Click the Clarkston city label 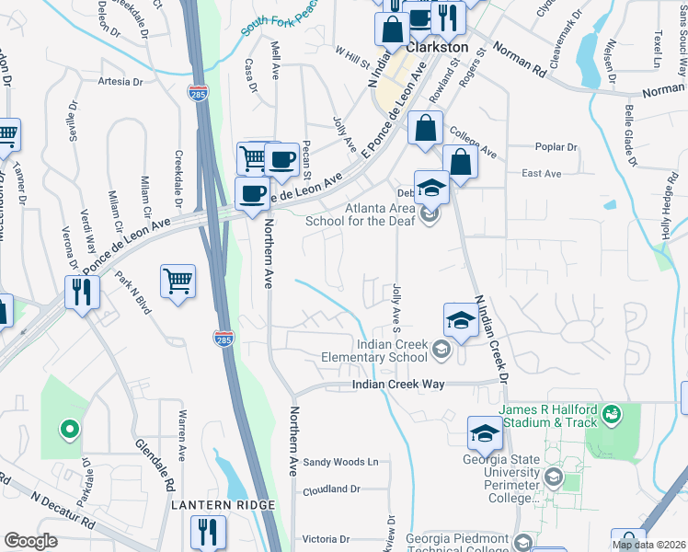click(x=438, y=47)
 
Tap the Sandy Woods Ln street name click(x=341, y=462)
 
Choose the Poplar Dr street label click(x=556, y=146)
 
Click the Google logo click(x=30, y=541)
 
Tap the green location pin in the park click(x=67, y=428)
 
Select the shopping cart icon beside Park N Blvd click(x=178, y=280)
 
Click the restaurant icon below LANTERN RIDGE click(x=208, y=531)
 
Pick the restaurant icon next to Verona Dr click(x=83, y=292)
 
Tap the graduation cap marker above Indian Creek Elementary click(x=460, y=319)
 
